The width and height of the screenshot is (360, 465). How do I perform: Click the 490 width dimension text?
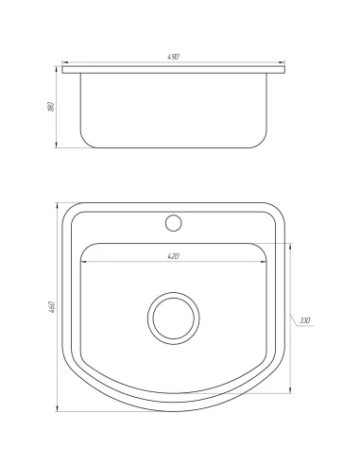(175, 59)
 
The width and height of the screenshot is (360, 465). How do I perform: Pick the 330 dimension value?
(304, 321)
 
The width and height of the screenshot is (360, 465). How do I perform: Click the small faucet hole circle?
(174, 223)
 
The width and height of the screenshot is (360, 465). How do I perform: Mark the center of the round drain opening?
(174, 318)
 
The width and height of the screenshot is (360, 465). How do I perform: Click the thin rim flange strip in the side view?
(175, 69)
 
